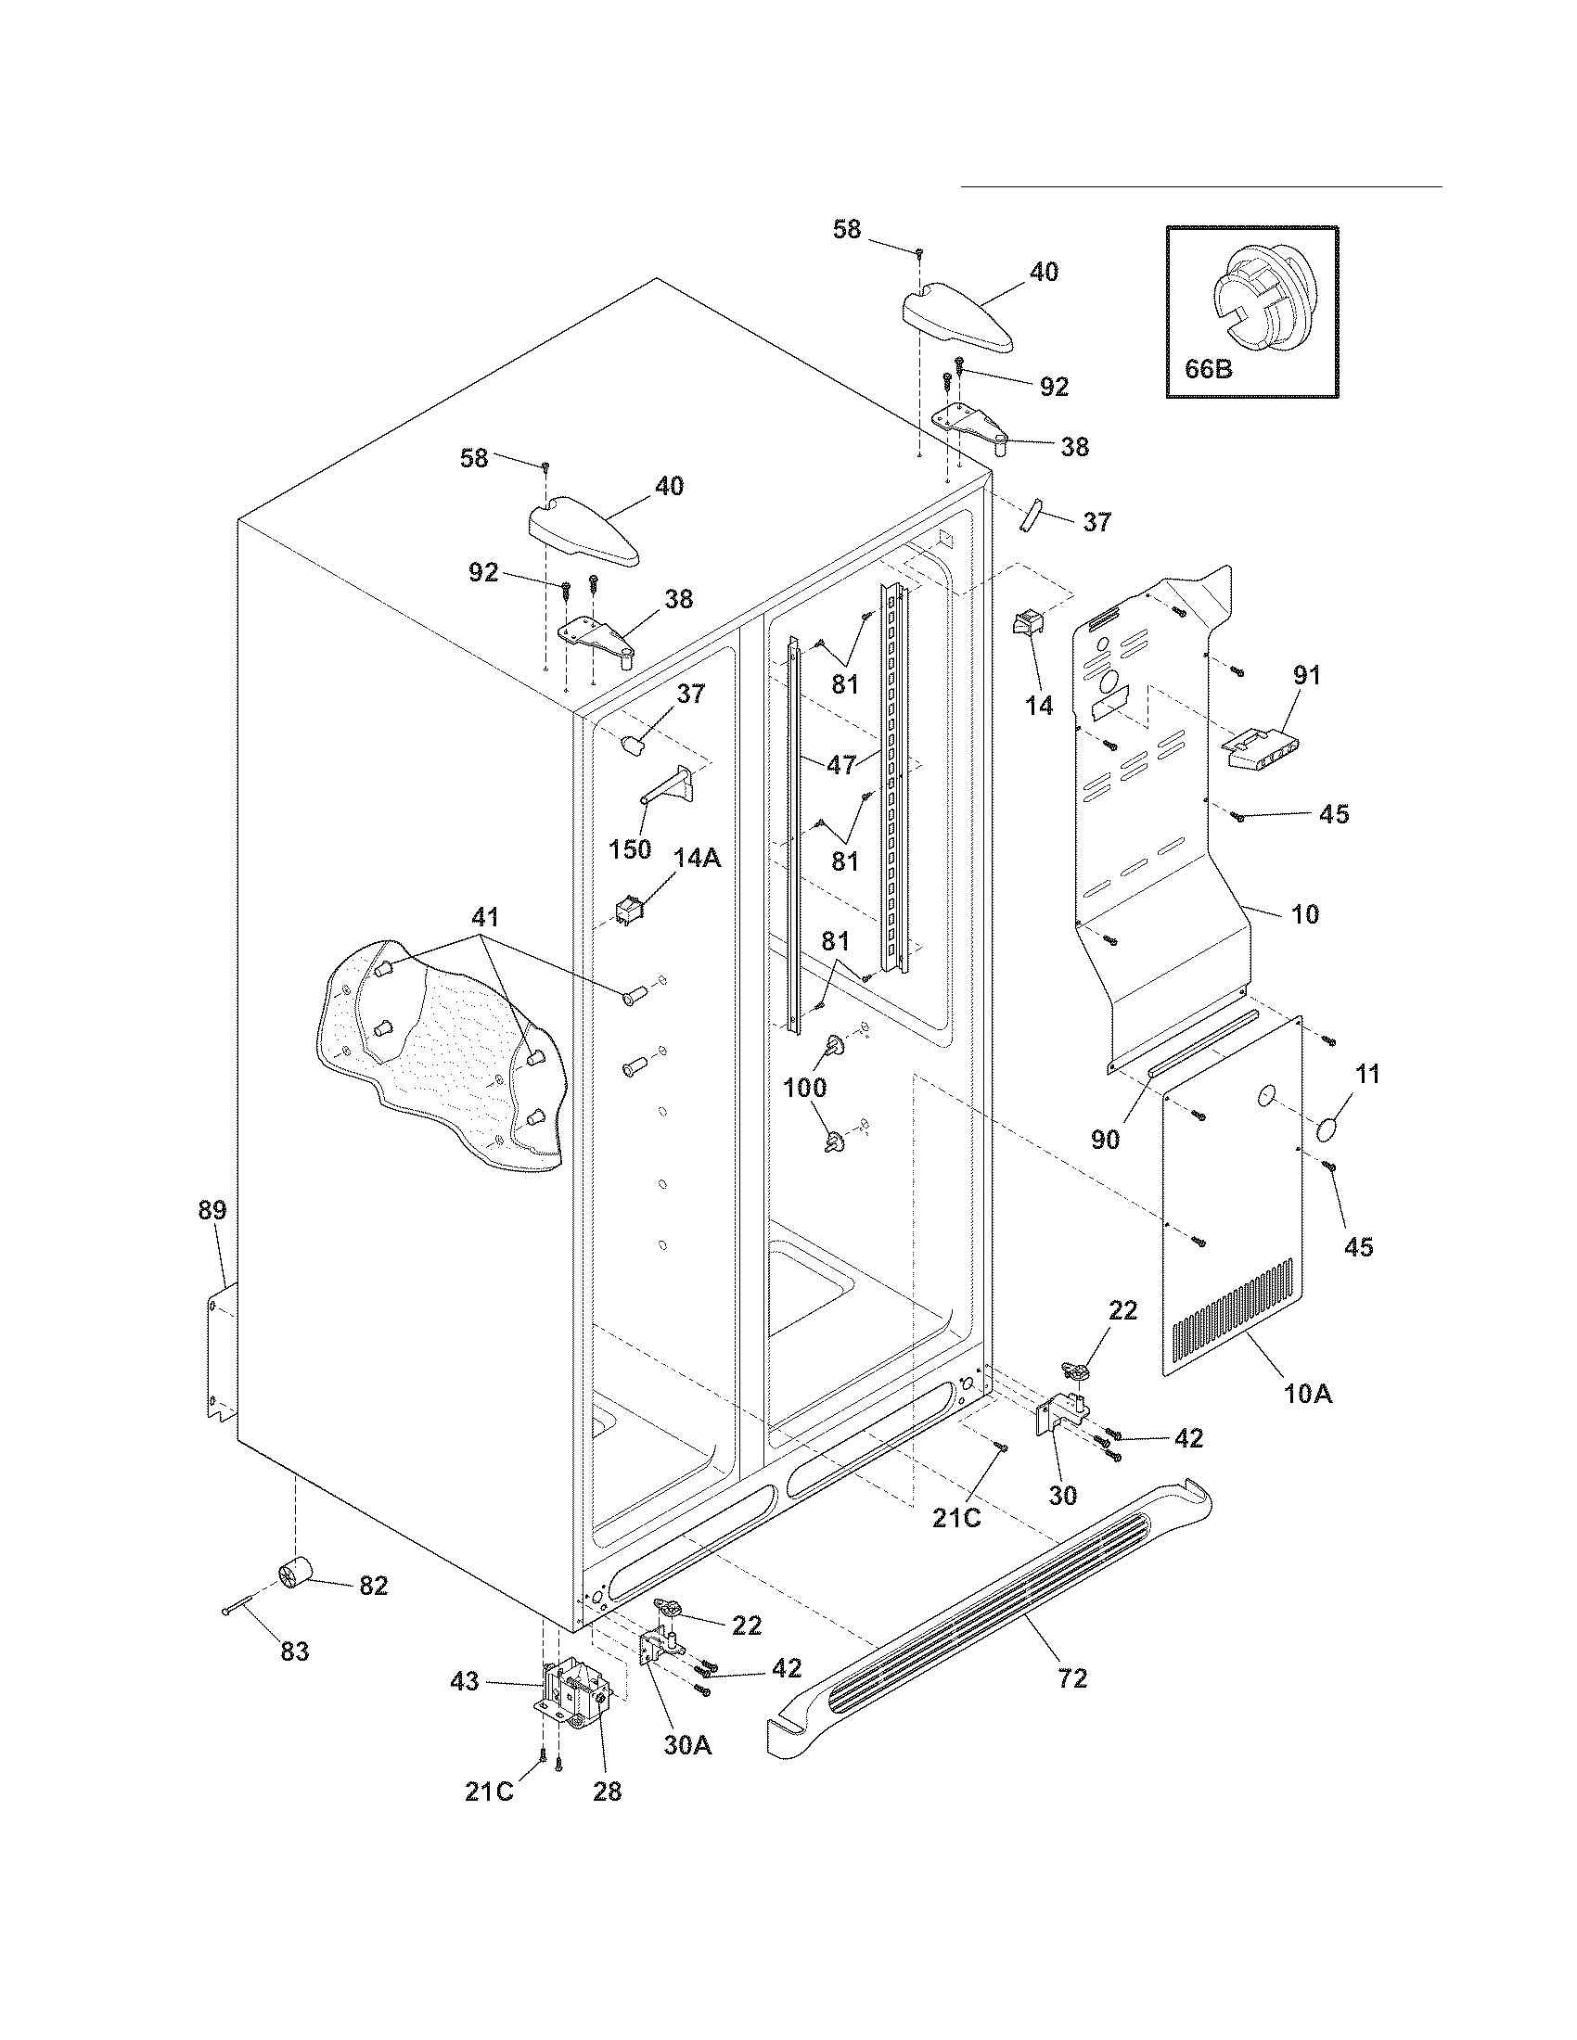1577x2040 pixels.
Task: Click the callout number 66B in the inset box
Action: point(1208,369)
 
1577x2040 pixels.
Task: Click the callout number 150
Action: point(630,850)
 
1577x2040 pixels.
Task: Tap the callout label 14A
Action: point(698,858)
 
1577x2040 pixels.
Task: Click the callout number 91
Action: point(1306,675)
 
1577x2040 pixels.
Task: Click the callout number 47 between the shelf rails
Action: point(841,765)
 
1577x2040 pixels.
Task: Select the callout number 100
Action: point(804,1088)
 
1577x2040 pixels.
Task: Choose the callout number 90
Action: point(1105,1140)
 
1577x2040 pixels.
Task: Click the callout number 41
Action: point(485,916)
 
